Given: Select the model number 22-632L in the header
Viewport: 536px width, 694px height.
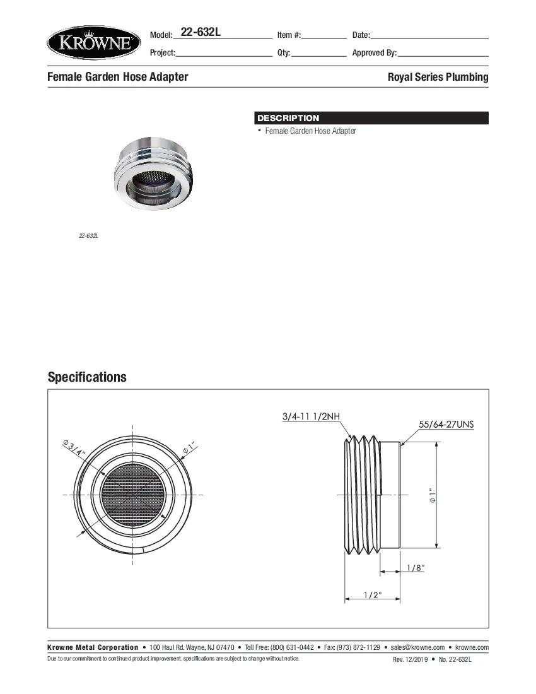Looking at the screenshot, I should [x=200, y=33].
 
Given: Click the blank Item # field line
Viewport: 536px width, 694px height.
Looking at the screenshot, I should [x=324, y=36].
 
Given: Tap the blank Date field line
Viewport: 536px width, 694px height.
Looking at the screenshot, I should [x=429, y=36].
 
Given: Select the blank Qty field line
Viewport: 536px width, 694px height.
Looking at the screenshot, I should [x=319, y=54].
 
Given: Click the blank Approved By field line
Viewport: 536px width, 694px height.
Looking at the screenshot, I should [x=443, y=54].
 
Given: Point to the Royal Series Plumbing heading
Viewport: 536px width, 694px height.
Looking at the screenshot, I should [x=438, y=77].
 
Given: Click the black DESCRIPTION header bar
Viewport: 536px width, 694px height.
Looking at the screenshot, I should [x=371, y=118].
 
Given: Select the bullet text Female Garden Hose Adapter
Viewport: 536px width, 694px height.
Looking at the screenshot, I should [x=310, y=131].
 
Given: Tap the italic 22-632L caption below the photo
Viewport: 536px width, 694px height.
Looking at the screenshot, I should [x=88, y=236].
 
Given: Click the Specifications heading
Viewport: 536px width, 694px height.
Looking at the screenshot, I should [x=87, y=377].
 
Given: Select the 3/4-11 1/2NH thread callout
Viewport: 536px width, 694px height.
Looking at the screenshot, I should [x=311, y=416].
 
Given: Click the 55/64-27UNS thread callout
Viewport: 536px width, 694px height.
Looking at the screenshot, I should [x=446, y=425].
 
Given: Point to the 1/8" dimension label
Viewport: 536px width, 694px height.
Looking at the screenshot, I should [x=415, y=568].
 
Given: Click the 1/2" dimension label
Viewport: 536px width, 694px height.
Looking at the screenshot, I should [x=372, y=595].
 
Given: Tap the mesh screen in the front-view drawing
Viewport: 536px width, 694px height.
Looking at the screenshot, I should [x=133, y=495].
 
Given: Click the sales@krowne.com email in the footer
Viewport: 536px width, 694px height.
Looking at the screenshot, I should [x=417, y=647].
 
